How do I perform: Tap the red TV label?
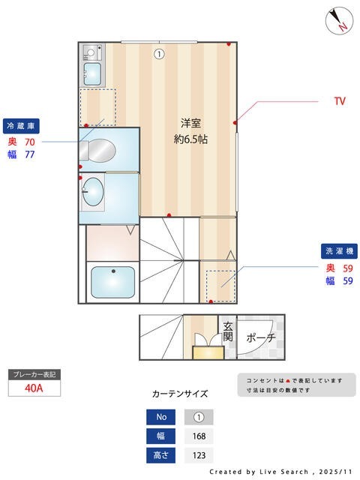[x=340, y=100]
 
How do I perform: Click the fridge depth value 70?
[x=30, y=141]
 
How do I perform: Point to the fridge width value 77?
[x=30, y=154]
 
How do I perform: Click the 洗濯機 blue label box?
[x=339, y=250]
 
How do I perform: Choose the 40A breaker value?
[x=34, y=388]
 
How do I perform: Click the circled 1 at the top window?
[x=159, y=53]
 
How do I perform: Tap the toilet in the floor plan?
[x=100, y=151]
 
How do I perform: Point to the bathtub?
[x=112, y=283]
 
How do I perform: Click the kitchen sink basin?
[x=92, y=73]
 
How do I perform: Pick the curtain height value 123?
[x=199, y=455]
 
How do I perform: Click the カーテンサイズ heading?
[x=180, y=393]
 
